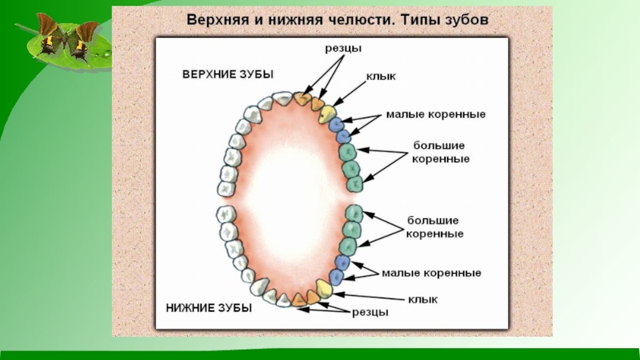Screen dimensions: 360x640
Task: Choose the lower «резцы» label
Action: tap(370, 312)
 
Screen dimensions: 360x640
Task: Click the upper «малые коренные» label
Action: tap(437, 114)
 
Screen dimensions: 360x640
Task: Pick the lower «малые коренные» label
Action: tap(431, 273)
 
